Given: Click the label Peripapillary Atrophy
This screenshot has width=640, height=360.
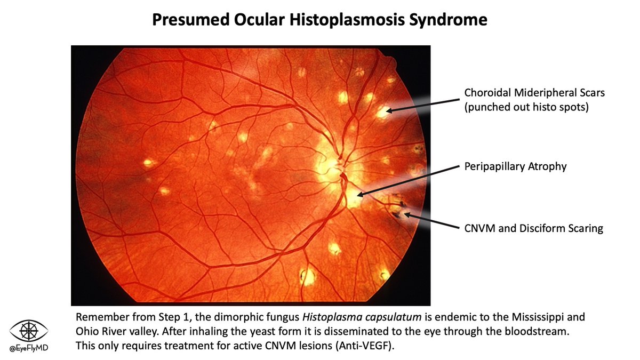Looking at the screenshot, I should (x=515, y=167).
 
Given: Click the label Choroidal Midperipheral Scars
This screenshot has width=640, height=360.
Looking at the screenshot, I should (x=534, y=93).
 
